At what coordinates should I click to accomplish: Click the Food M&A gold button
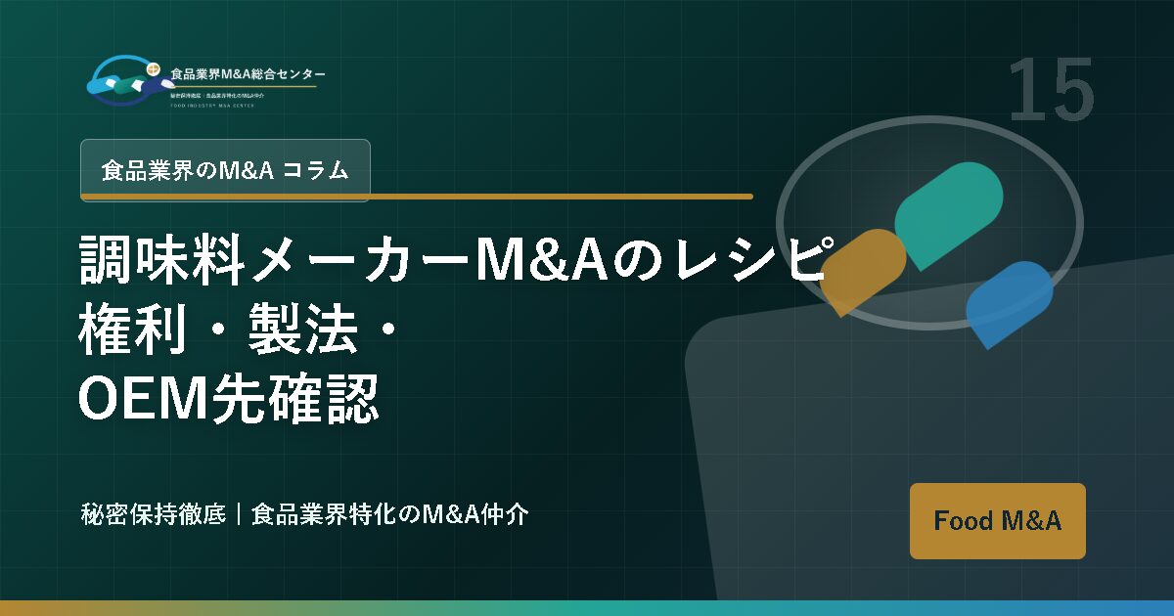click(x=997, y=520)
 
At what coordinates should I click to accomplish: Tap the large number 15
click(x=1050, y=90)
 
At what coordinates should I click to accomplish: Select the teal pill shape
click(x=948, y=214)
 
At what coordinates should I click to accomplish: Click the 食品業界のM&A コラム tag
click(x=225, y=170)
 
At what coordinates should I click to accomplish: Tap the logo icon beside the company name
click(x=123, y=79)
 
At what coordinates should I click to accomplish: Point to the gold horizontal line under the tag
click(x=416, y=197)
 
